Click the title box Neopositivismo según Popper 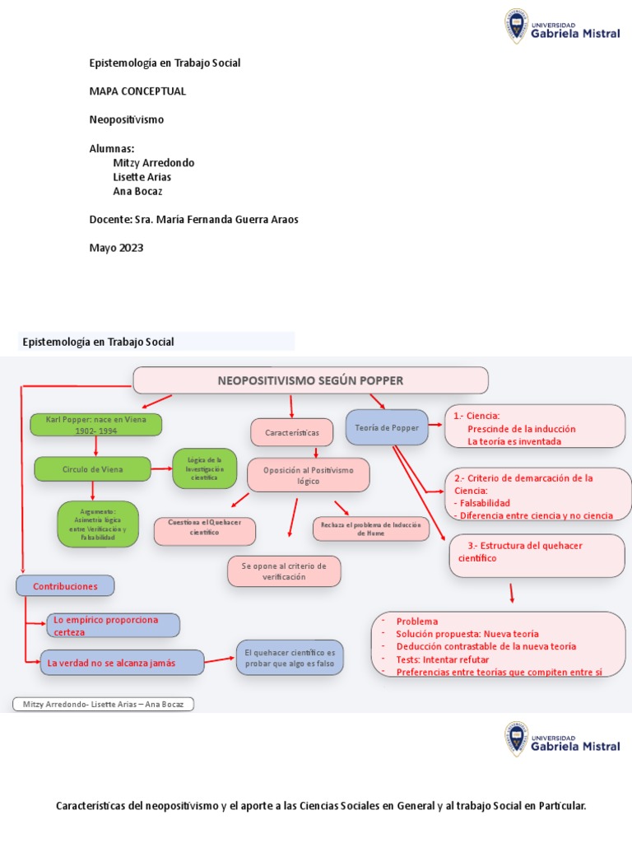310,380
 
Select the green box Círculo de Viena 92,469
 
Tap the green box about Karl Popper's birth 95,424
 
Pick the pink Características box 291,431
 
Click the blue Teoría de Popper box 387,428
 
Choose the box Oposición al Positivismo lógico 308,475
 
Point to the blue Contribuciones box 65,586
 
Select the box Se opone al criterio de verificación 284,571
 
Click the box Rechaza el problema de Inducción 371,529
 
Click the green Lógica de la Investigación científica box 204,468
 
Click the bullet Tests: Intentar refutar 443,659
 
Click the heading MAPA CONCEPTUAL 137,91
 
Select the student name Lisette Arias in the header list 142,177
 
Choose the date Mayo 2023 116,249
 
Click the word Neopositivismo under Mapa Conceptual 127,119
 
